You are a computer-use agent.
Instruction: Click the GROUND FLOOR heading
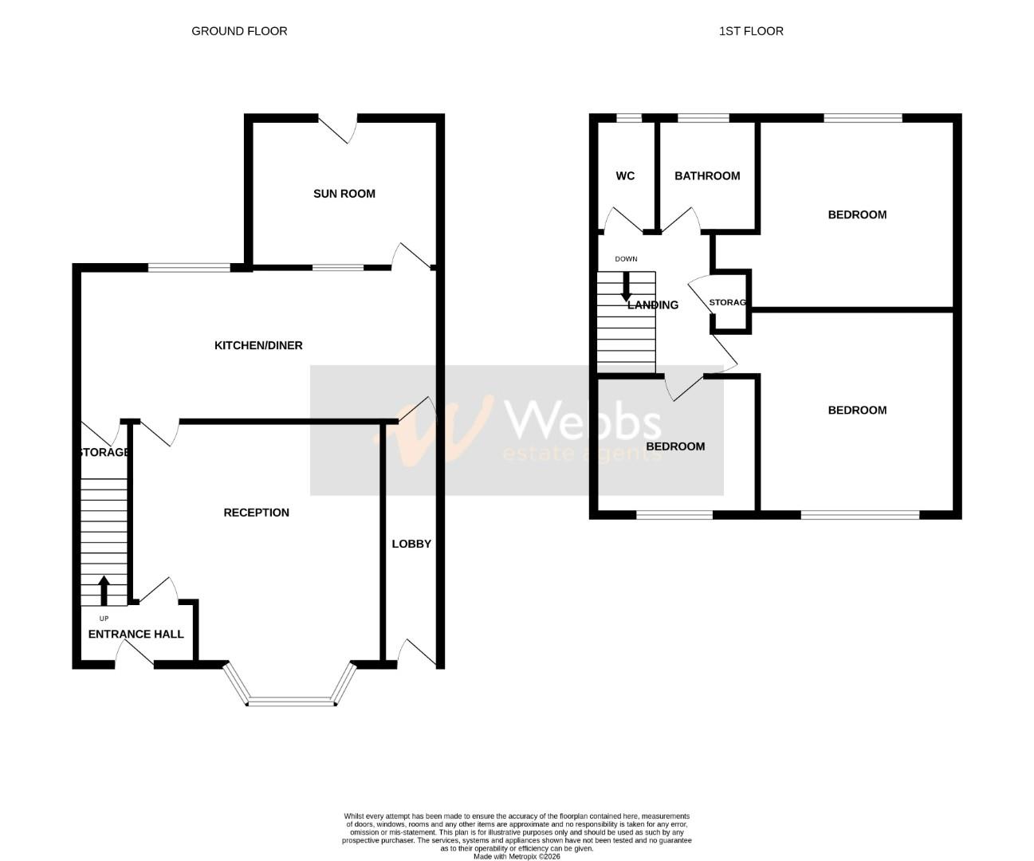pyautogui.click(x=239, y=31)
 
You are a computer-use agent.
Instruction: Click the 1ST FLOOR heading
pyautogui.click(x=751, y=31)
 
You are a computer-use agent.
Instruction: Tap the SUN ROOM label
pyautogui.click(x=344, y=194)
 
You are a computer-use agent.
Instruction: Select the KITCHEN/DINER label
pyautogui.click(x=258, y=345)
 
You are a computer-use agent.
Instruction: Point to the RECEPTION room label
pyautogui.click(x=256, y=513)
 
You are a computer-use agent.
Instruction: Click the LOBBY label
pyautogui.click(x=411, y=544)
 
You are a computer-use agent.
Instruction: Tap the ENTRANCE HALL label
pyautogui.click(x=136, y=634)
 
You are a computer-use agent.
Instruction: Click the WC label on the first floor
pyautogui.click(x=625, y=175)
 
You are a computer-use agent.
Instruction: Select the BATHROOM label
pyautogui.click(x=707, y=175)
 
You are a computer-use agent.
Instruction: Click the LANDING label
pyautogui.click(x=653, y=305)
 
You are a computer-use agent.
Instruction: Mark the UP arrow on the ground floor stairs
pyautogui.click(x=104, y=591)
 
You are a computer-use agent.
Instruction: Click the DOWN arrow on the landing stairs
pyautogui.click(x=626, y=286)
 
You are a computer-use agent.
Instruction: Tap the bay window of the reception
pyautogui.click(x=290, y=700)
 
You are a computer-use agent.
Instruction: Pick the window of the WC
pyautogui.click(x=629, y=119)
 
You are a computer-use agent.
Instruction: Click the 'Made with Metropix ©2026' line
pyautogui.click(x=517, y=857)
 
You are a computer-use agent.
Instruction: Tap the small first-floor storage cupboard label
pyautogui.click(x=727, y=302)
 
